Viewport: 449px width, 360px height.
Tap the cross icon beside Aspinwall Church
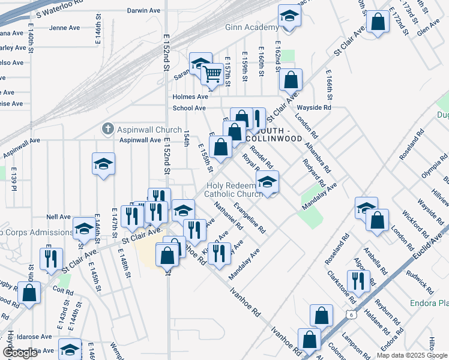pos(107,129)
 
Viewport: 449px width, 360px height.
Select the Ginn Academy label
pos(252,28)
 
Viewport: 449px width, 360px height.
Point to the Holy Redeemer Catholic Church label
pos(234,190)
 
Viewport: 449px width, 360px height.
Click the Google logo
pos(20,353)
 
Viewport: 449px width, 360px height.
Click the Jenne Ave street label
pos(65,28)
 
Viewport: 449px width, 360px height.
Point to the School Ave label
pos(190,108)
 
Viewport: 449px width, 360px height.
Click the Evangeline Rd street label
pos(249,217)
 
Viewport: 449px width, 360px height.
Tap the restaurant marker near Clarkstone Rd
pos(358,281)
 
